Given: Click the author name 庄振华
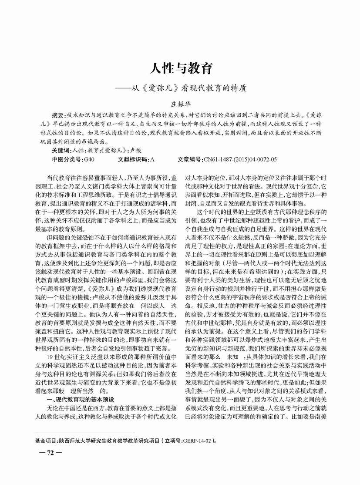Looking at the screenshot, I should point(180,104).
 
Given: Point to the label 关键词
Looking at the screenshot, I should point(61,150).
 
